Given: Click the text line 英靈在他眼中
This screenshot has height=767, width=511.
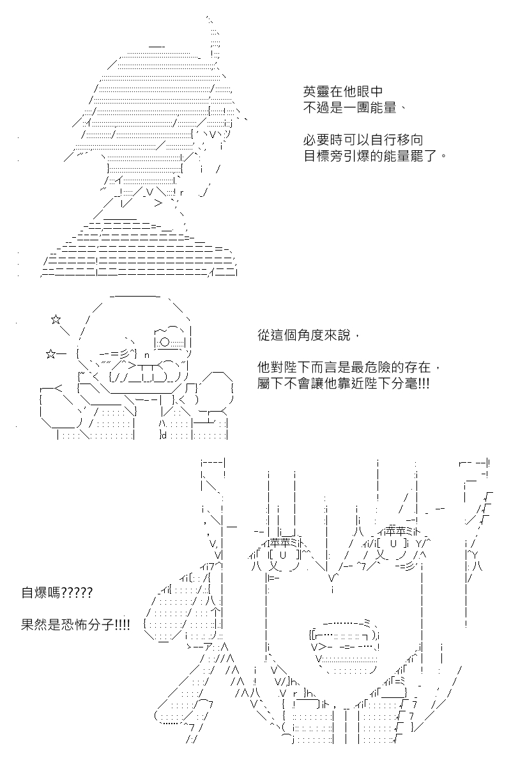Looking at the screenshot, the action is (342, 91).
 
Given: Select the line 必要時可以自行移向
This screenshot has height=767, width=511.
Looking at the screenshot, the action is (363, 140).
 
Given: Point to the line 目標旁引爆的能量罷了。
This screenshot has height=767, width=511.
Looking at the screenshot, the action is (376, 156).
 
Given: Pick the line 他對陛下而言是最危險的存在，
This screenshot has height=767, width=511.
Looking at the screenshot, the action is (349, 368).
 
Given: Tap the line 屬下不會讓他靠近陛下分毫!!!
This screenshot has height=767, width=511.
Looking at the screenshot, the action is (343, 383).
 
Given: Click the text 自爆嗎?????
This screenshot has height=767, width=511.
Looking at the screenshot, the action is (57, 593).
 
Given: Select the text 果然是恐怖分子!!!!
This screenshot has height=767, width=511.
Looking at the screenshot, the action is (75, 625).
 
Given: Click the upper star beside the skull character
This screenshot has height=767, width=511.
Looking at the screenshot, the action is (56, 320).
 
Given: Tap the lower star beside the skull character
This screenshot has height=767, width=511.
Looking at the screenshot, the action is (50, 353).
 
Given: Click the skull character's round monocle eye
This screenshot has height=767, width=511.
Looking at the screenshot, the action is (165, 342).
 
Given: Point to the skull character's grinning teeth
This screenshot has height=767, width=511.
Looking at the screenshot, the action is (147, 372).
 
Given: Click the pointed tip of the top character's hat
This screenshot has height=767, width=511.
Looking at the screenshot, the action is (208, 18).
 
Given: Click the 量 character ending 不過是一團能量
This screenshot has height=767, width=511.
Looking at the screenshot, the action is (389, 108).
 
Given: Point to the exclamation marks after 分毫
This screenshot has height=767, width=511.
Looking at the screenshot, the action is (424, 383).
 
